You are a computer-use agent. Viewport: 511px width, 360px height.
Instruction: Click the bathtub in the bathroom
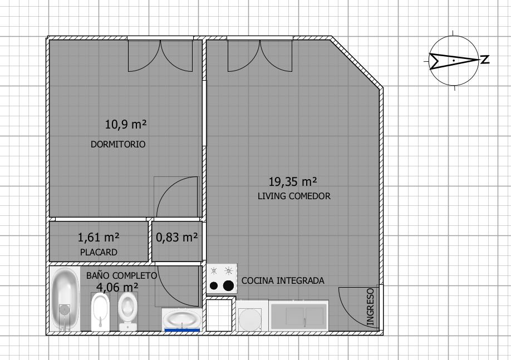pyautogui.click(x=65, y=299)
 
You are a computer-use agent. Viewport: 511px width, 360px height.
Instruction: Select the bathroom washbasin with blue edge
pyautogui.click(x=181, y=320)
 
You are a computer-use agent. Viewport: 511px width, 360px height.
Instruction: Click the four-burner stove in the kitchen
pyautogui.click(x=222, y=278)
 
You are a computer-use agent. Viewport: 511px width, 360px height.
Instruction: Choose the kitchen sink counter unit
pyautogui.click(x=299, y=316)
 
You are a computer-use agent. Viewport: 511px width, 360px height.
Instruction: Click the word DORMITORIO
pyautogui.click(x=118, y=144)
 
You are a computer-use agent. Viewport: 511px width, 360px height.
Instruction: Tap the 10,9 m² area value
pyautogui.click(x=129, y=124)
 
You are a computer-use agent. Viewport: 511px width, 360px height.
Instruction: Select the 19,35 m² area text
pyautogui.click(x=293, y=181)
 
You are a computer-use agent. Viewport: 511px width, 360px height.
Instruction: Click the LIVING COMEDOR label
pyautogui.click(x=294, y=196)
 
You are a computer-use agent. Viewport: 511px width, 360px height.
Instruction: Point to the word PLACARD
pyautogui.click(x=99, y=252)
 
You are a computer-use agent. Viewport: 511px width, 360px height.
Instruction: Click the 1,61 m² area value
pyautogui.click(x=99, y=238)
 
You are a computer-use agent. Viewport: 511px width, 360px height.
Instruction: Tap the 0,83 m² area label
pyautogui.click(x=177, y=238)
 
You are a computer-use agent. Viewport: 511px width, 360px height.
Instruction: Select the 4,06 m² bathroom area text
pyautogui.click(x=117, y=287)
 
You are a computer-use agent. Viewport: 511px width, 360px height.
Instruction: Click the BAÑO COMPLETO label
pyautogui.click(x=121, y=275)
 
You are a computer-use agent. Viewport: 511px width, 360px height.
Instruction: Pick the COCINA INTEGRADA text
pyautogui.click(x=283, y=280)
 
